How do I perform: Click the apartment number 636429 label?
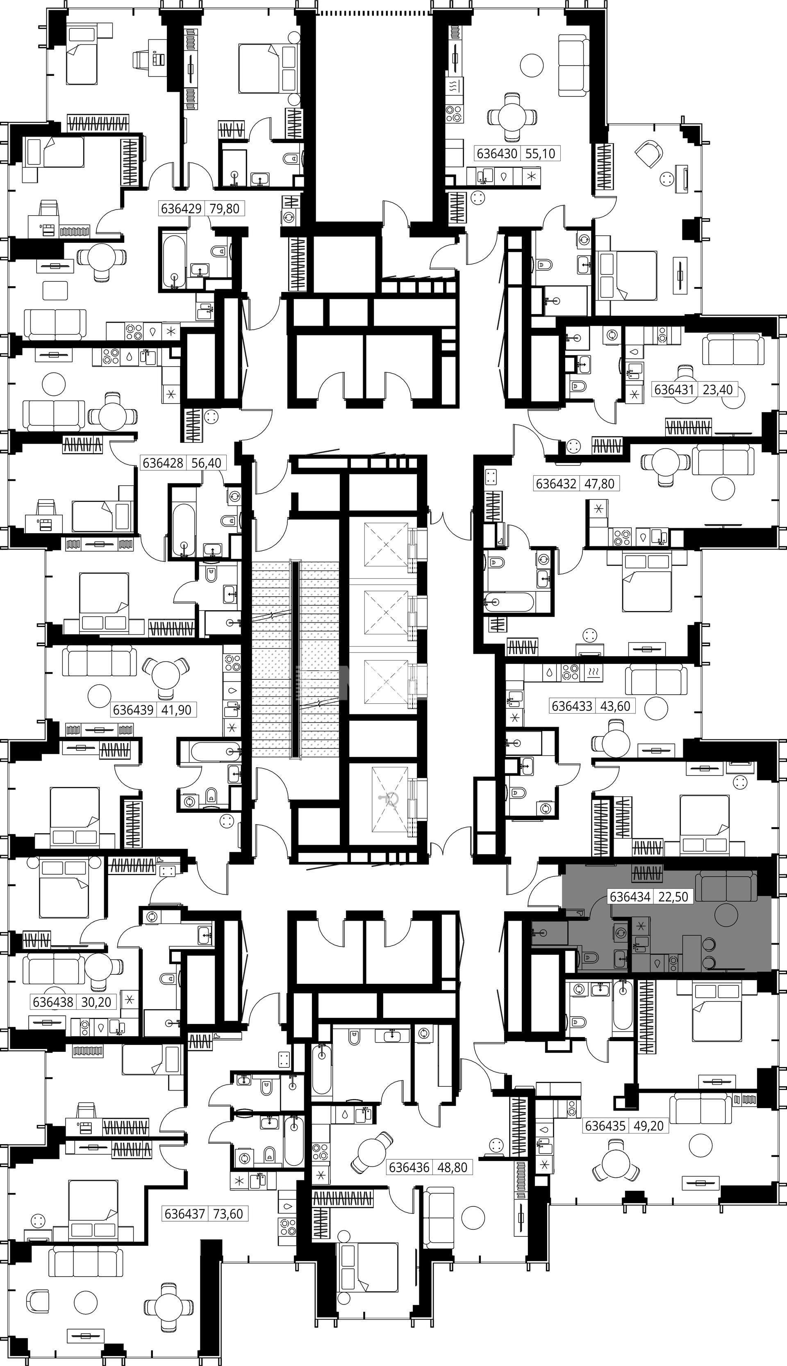coord(181,208)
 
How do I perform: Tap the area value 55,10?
coord(540,154)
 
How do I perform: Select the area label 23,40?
coord(718,389)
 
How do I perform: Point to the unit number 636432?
coord(556,483)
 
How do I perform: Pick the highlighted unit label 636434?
coord(630,896)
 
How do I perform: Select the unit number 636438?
coord(53,1002)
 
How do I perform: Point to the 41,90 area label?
coord(176,709)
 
